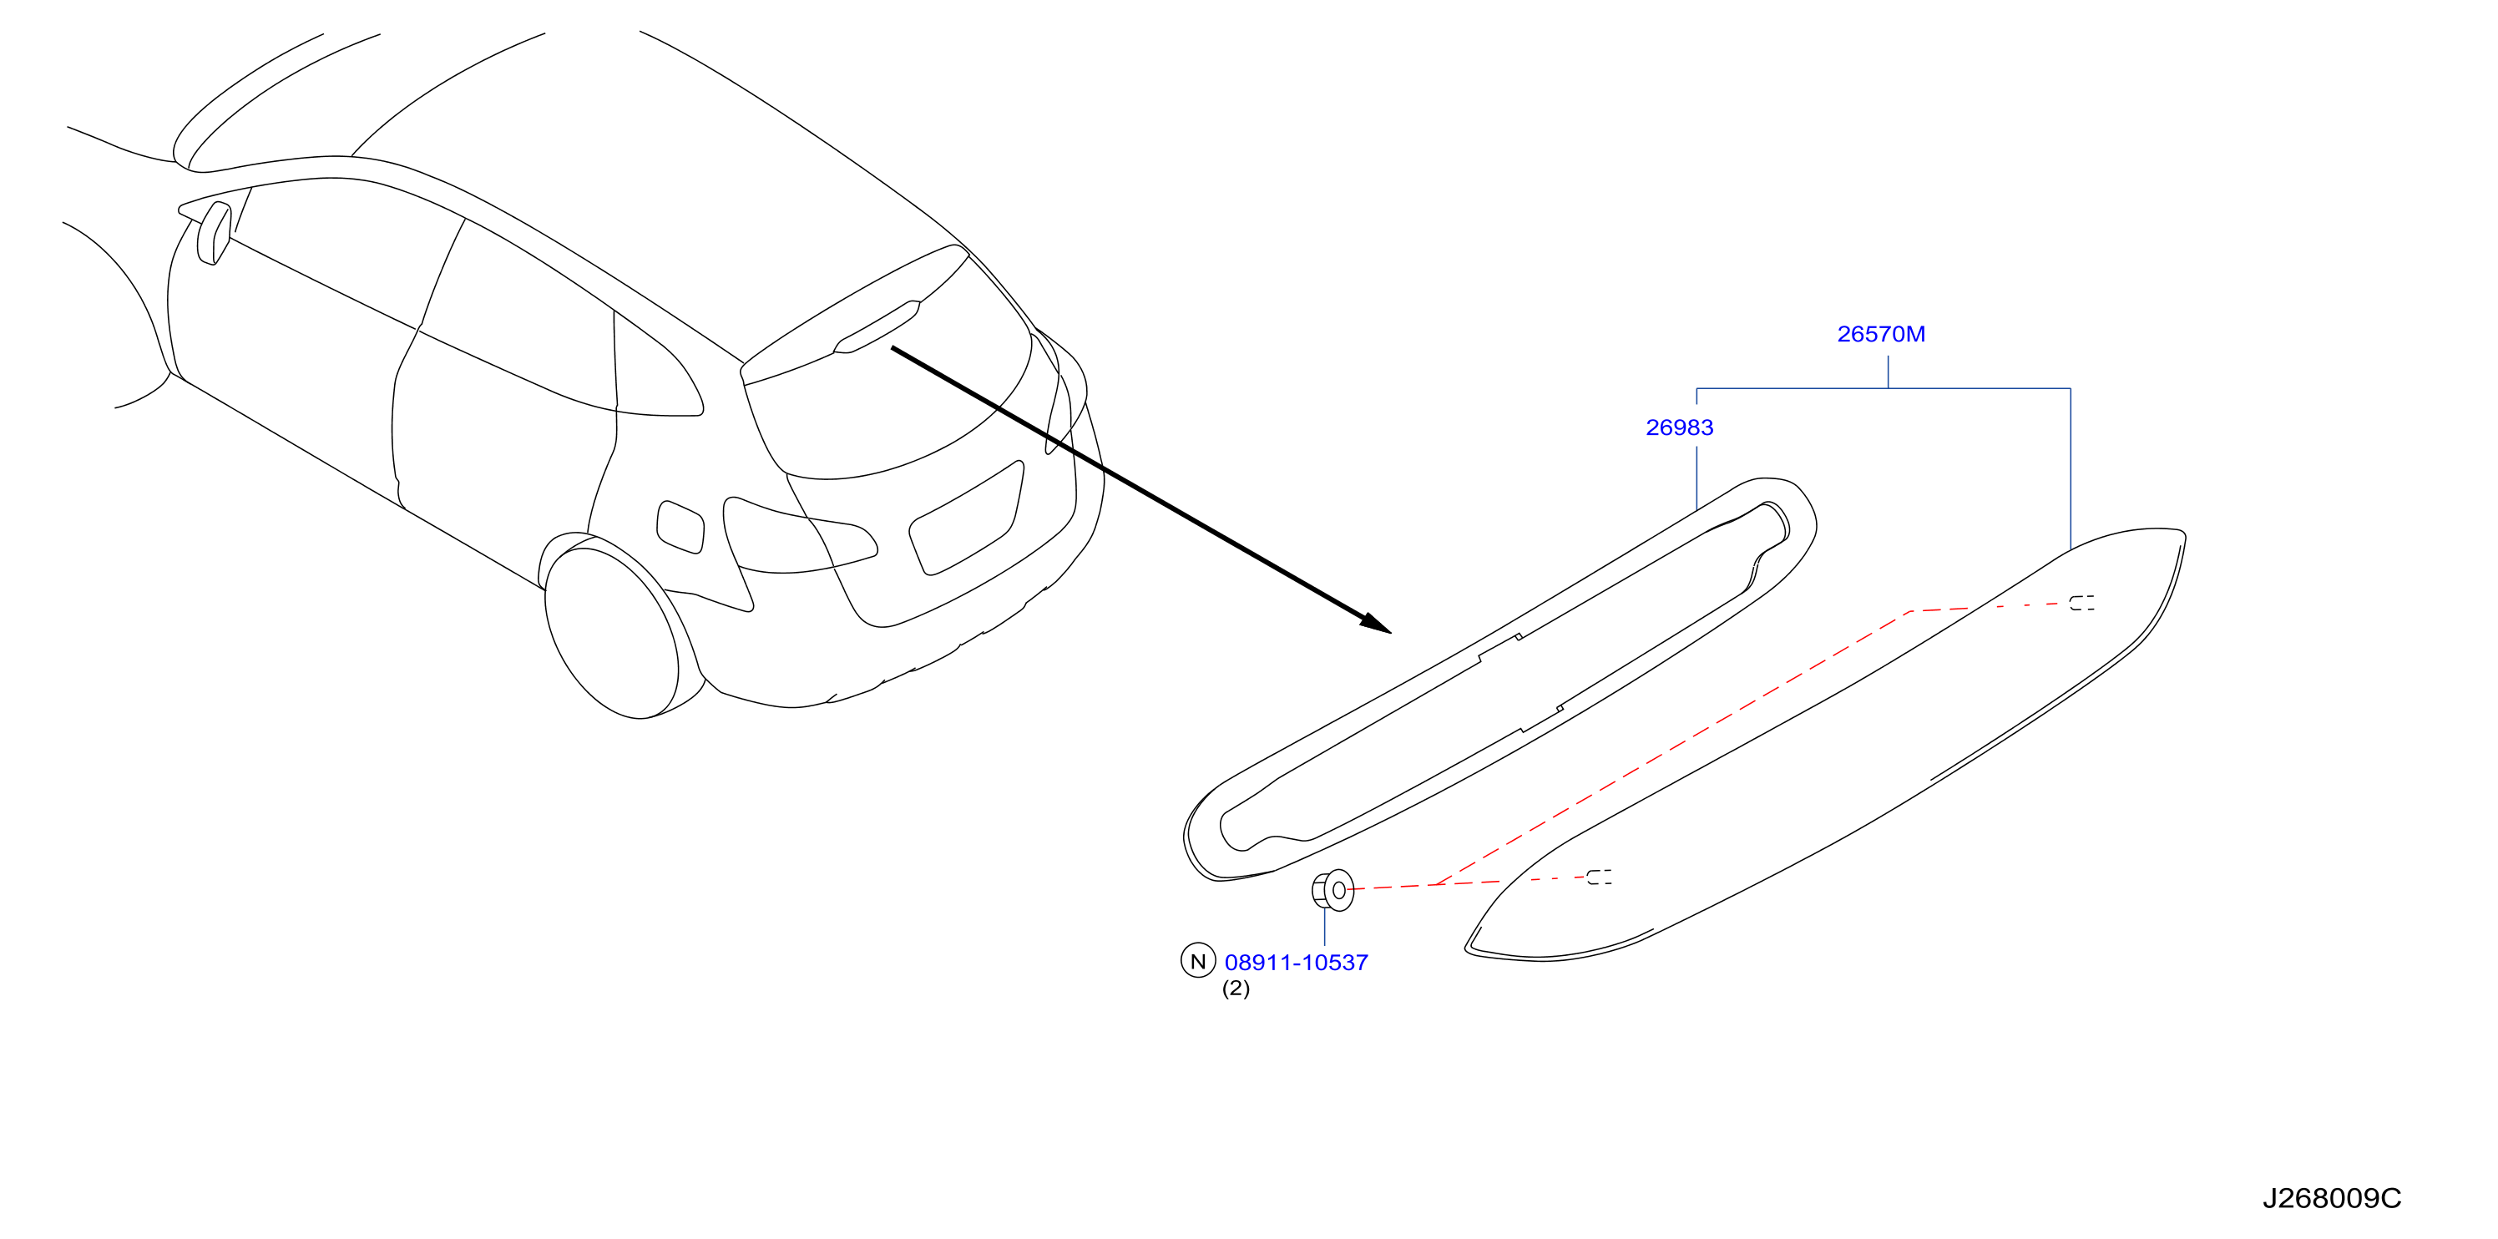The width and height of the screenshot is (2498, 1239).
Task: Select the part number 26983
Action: tap(1679, 427)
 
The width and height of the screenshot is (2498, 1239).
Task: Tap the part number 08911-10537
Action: tap(1296, 963)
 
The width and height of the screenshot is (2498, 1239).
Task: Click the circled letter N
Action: tap(1197, 960)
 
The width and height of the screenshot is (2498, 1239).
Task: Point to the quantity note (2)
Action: tap(1236, 989)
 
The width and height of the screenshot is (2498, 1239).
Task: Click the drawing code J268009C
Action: tap(2331, 1199)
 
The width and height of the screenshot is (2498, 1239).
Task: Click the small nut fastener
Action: tap(1332, 890)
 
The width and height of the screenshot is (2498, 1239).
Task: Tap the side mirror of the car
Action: tap(215, 233)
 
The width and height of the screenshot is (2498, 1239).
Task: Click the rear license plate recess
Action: tap(965, 518)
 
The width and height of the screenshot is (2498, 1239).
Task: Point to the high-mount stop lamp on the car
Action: tap(877, 326)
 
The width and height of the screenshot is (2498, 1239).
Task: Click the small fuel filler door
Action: tap(680, 528)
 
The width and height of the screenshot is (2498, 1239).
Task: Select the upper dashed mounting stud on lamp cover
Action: tap(2081, 603)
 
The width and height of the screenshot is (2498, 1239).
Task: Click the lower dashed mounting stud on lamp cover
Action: tap(1599, 877)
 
